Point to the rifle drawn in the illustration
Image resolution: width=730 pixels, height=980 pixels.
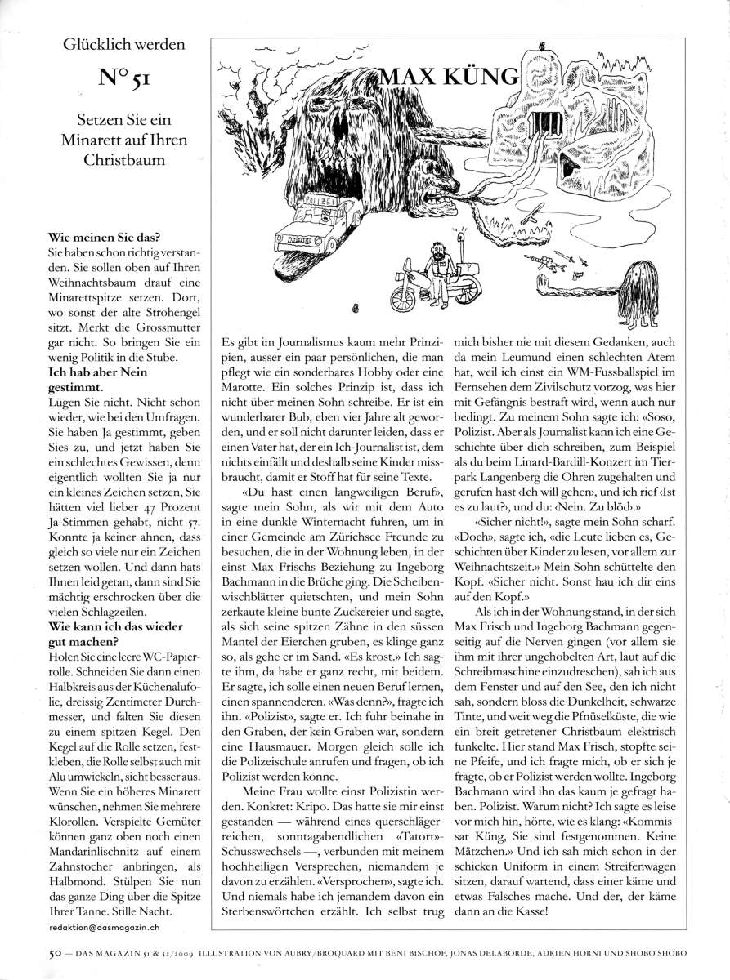(x=545, y=260)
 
